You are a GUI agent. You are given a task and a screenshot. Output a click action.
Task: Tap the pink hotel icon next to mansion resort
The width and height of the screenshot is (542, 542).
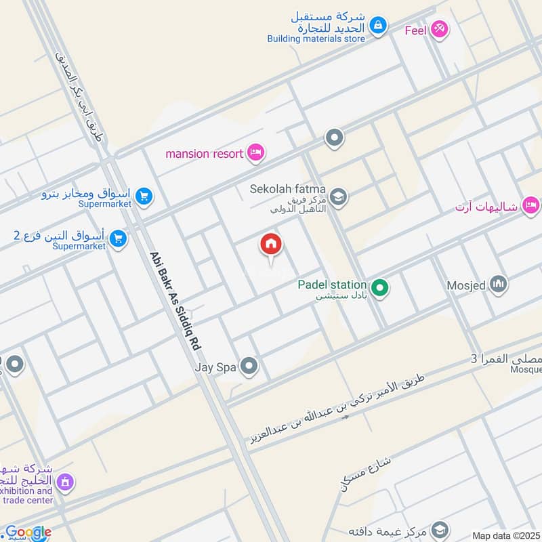click(x=255, y=152)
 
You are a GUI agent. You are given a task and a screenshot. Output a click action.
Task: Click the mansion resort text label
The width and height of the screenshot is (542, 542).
click(x=204, y=154)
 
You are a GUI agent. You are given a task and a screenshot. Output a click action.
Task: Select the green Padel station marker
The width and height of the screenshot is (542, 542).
click(x=380, y=288)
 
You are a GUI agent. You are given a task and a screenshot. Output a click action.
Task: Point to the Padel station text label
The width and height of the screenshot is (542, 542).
click(x=332, y=285)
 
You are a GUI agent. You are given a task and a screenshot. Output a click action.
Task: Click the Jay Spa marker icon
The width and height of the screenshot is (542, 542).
click(x=250, y=367)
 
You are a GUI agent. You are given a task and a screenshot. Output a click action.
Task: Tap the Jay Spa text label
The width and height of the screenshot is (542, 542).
click(x=215, y=367)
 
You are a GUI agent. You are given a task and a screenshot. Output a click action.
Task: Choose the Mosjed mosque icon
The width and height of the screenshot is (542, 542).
click(x=499, y=285)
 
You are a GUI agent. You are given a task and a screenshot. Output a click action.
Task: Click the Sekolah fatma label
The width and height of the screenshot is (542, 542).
click(x=288, y=189)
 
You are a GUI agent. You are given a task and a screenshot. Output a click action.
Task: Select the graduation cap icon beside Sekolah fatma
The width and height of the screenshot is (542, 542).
click(x=338, y=197)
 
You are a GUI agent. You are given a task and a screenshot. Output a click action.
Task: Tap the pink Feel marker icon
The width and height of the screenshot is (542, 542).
click(x=439, y=29)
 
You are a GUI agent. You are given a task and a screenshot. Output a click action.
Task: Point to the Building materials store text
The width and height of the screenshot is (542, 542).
click(x=316, y=39)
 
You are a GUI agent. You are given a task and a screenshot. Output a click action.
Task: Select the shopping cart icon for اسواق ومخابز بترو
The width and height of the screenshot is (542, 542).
click(x=144, y=196)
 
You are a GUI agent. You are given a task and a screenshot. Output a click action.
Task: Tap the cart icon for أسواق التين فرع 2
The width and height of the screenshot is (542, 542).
click(x=118, y=238)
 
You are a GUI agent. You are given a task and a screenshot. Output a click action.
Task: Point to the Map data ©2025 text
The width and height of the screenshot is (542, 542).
click(x=505, y=535)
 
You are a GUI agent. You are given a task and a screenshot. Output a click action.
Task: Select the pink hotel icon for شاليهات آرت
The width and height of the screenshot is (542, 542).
click(x=531, y=204)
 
